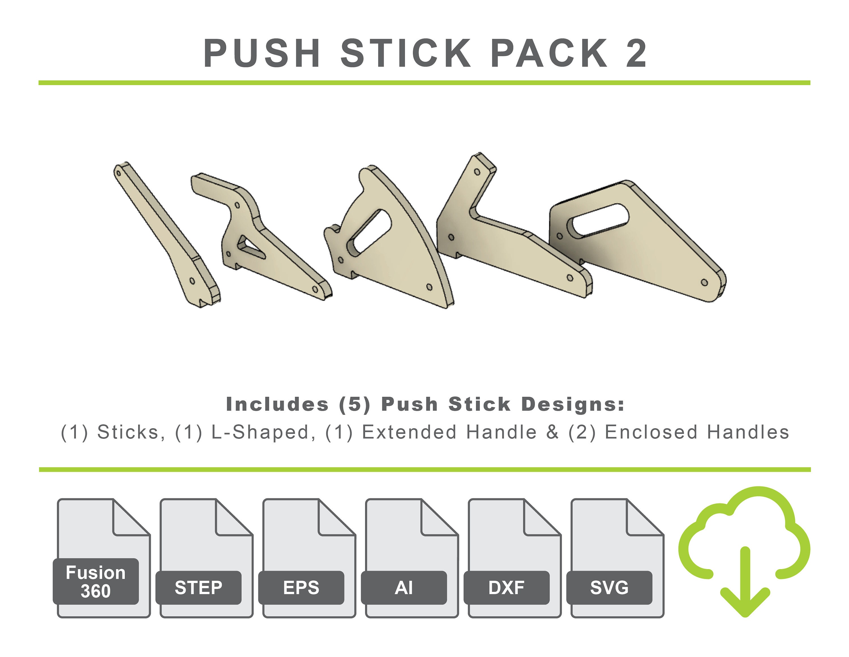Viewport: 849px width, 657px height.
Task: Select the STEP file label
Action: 198,587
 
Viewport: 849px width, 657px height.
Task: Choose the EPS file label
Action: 301,587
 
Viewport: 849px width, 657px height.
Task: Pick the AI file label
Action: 404,587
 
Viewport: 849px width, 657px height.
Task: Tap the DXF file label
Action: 506,587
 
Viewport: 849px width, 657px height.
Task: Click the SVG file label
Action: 609,587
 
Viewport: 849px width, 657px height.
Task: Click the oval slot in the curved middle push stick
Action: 369,233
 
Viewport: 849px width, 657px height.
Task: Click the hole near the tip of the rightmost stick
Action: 704,282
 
